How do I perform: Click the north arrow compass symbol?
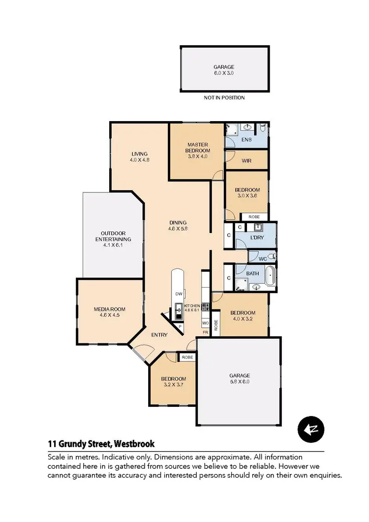point(311,429)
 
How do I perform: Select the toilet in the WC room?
point(272,257)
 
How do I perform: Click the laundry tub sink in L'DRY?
point(258,228)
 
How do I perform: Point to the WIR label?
point(246,161)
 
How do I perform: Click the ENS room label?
point(246,140)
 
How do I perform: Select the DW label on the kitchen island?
point(179,294)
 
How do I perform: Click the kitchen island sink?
point(178,311)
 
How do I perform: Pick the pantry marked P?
point(180,326)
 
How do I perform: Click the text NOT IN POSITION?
point(224,98)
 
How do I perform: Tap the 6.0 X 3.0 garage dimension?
point(224,73)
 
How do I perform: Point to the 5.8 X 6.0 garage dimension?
point(239,382)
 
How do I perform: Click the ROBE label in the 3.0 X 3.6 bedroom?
point(254,217)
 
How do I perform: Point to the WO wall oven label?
point(205,323)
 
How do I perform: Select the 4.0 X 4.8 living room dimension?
point(139,160)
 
